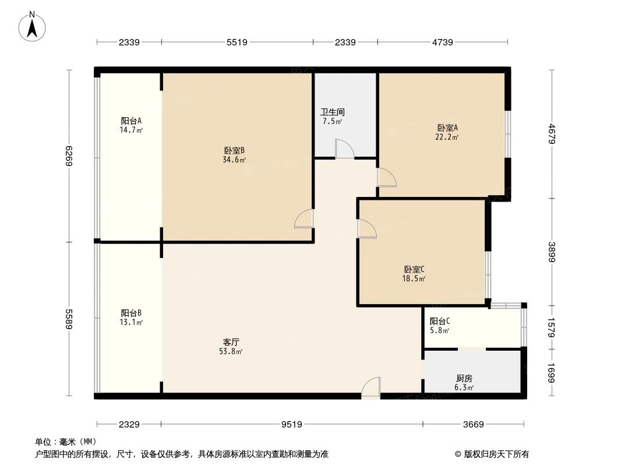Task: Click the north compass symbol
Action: pos(33,26)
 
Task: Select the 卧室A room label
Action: pos(447,132)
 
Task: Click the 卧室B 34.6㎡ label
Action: pos(234,154)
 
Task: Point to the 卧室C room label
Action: pos(415,274)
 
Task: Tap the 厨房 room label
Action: pos(464,383)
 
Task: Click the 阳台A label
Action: pos(132,125)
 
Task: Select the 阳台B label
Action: pos(132,317)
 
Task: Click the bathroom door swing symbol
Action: pos(344,149)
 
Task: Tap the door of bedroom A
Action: pos(386,178)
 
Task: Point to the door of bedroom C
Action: pos(366,228)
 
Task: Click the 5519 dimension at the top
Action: pos(237,42)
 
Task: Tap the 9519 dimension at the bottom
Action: pos(291,425)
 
